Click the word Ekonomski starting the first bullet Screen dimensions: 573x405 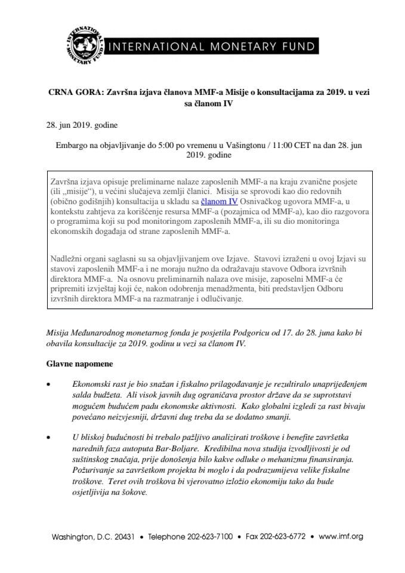(94, 386)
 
